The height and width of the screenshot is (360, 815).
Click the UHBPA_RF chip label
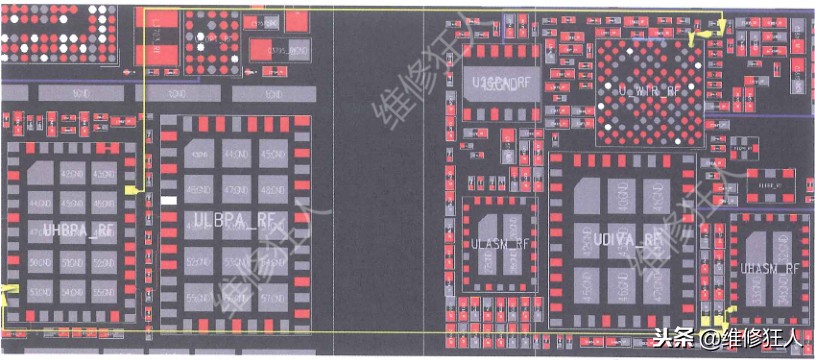[x=79, y=230]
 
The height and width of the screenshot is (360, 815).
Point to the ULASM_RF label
[x=501, y=244]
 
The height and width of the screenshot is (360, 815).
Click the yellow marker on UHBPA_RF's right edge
[x=130, y=189]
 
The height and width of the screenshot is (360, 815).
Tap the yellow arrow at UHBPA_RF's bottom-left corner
[x=8, y=293]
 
